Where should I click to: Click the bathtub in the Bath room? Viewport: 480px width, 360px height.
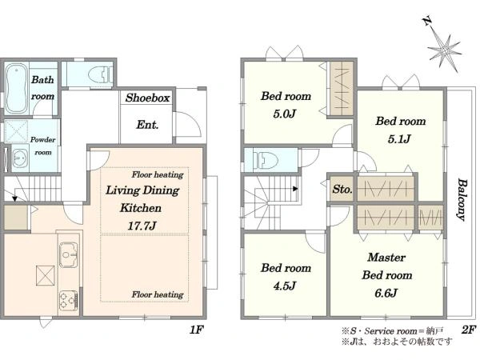(x=14, y=88)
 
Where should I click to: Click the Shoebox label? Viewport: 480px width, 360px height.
(x=147, y=98)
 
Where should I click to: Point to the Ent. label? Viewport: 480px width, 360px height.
(x=147, y=125)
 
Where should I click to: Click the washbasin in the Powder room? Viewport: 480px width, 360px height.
(x=20, y=158)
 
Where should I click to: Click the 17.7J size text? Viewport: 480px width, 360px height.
(x=142, y=226)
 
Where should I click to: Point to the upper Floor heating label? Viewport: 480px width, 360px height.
(x=158, y=174)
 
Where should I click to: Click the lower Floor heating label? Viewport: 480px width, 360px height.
(x=158, y=294)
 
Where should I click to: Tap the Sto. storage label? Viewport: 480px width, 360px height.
(x=342, y=189)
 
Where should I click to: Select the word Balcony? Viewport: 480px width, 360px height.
(x=462, y=199)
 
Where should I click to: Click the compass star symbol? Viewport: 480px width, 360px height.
(x=445, y=50)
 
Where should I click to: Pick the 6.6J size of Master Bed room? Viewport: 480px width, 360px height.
(x=386, y=293)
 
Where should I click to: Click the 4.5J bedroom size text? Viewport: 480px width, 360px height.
(x=284, y=286)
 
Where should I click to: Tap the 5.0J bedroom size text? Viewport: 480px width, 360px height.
(x=284, y=114)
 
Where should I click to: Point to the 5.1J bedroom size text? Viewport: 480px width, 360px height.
(x=399, y=139)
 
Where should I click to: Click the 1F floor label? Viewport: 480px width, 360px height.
(x=197, y=330)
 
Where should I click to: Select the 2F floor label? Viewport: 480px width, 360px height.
(x=469, y=330)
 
